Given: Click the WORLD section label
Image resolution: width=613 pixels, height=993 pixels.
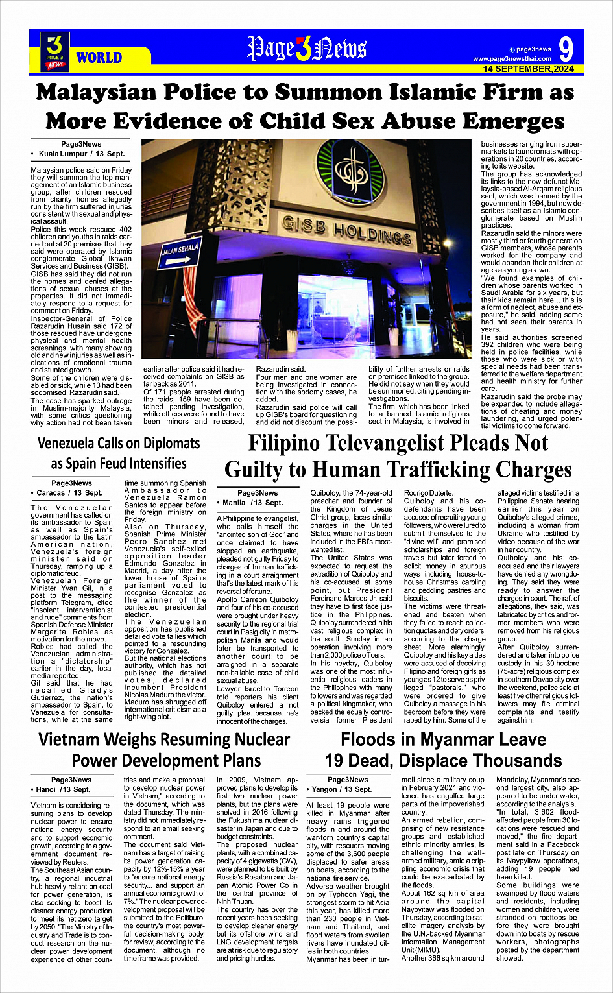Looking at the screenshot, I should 99,58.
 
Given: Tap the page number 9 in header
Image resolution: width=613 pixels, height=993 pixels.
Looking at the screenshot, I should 565,49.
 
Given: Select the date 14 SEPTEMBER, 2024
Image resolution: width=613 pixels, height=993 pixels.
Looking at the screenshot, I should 528,69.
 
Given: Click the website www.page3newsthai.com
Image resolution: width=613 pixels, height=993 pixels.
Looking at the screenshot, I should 512,59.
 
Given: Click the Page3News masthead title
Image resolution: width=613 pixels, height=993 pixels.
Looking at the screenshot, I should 307,49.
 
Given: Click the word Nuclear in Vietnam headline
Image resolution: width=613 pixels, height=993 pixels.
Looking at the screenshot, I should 252,739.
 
